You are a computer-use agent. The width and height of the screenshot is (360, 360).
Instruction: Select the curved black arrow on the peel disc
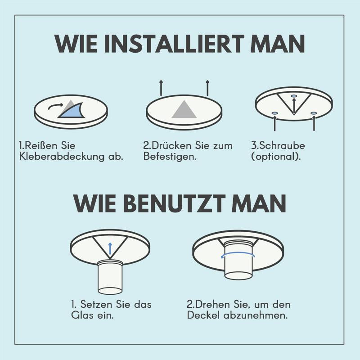tap(55, 106)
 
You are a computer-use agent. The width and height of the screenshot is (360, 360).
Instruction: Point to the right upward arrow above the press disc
tap(207, 88)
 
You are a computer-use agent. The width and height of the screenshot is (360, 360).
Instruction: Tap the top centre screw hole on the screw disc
tap(294, 96)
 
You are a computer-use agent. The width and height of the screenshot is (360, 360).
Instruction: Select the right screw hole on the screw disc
tap(314, 113)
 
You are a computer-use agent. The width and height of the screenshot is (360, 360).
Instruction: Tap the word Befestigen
tap(170, 157)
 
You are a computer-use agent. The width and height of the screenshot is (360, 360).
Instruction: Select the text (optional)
tap(276, 157)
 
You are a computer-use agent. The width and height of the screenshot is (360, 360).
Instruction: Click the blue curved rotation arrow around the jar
tap(238, 255)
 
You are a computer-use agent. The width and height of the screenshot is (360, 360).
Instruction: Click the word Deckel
tap(203, 315)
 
